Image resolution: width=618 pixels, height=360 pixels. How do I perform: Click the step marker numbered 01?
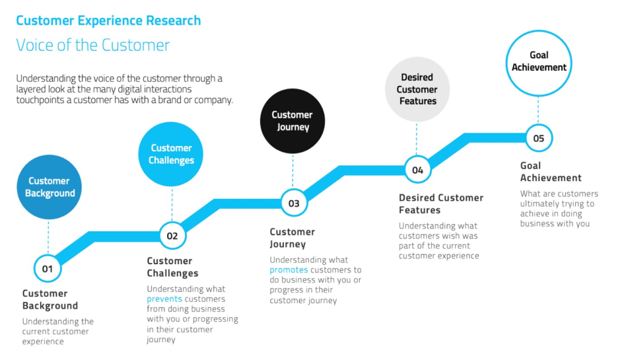click(48, 268)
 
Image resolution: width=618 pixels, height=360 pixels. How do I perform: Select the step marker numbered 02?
click(172, 235)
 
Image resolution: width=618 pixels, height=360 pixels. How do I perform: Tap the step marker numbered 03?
click(294, 203)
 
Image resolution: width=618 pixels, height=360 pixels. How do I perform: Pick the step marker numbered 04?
click(417, 170)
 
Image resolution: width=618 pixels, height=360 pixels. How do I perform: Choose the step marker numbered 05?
click(539, 138)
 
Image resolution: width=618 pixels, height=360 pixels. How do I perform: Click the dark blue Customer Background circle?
click(50, 187)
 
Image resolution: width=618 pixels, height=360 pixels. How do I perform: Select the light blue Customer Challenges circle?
click(171, 154)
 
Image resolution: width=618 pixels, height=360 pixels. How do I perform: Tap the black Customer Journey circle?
click(292, 120)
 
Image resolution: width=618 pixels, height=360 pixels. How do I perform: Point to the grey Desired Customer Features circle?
click(417, 89)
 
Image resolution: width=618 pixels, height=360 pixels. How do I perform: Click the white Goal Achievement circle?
click(539, 61)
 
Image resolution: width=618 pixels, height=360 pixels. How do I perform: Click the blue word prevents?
click(164, 299)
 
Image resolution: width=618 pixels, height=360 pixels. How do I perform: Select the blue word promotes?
click(288, 270)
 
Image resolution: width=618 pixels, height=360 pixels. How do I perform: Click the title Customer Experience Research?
click(108, 20)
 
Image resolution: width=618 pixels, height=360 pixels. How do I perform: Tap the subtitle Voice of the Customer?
click(92, 45)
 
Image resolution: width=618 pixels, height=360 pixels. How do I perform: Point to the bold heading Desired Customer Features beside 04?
click(440, 203)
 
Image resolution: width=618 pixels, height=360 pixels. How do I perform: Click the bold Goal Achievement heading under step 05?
click(550, 172)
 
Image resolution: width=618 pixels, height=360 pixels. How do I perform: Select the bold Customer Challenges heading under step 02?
click(172, 267)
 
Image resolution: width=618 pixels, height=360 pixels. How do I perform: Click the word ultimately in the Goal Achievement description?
click(538, 204)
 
